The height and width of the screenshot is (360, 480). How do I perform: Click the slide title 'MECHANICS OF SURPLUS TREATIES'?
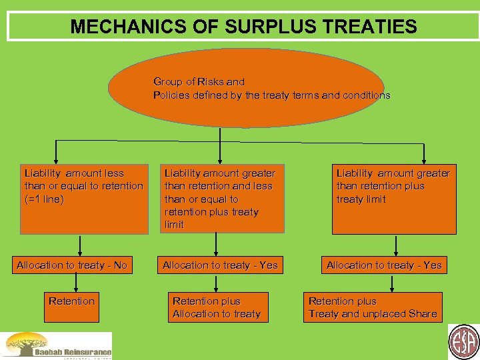tap(243, 27)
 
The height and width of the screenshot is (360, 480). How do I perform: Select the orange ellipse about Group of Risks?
tap(220, 88)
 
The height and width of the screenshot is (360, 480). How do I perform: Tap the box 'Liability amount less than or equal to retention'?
tap(84, 199)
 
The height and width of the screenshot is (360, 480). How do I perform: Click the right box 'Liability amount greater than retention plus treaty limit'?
tap(393, 199)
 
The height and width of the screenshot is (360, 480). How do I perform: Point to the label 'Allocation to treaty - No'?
tap(72, 265)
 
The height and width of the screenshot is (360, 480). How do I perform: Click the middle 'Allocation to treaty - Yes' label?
tap(220, 265)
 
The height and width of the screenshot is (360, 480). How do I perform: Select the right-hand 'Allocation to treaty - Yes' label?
tap(384, 265)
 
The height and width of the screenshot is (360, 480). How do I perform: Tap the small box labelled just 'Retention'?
tap(72, 301)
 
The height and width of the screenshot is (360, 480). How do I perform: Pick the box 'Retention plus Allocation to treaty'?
tap(216, 307)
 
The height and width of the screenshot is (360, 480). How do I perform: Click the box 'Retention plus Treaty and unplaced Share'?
tap(373, 307)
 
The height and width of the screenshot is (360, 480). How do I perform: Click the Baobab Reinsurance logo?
tap(57, 346)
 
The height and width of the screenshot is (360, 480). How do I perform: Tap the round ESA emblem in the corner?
tap(463, 342)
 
